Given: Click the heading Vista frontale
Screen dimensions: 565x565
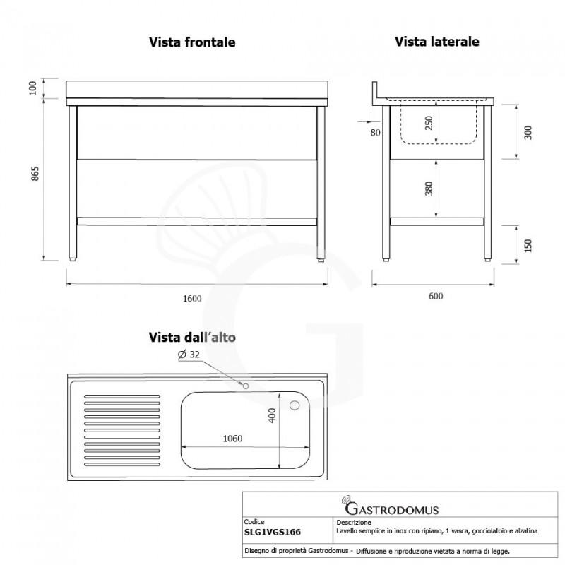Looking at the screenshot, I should click(192, 42).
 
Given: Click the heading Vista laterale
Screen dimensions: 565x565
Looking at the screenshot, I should click(437, 42).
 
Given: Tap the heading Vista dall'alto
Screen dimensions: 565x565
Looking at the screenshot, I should click(192, 337).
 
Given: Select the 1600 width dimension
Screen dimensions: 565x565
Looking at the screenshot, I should click(192, 297).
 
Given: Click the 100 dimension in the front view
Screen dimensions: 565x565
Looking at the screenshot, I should click(32, 88).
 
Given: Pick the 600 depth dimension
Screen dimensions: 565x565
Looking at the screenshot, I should click(435, 297).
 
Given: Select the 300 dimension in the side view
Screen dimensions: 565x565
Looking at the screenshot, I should click(527, 131).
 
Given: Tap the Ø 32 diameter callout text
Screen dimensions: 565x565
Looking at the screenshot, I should click(190, 355).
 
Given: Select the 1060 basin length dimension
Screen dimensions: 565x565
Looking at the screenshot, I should click(232, 439).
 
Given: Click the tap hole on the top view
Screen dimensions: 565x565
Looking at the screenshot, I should click(245, 386).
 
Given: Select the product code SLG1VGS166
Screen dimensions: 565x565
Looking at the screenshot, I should click(273, 533).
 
